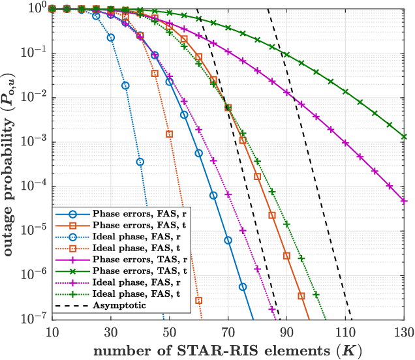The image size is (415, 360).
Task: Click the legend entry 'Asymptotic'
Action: pos(114,305)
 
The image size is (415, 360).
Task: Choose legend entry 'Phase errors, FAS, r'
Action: pos(134,213)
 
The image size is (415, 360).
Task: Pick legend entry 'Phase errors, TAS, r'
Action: pos(134,259)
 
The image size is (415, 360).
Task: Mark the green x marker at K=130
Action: pos(405,137)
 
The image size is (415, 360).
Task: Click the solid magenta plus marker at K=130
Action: pos(405,202)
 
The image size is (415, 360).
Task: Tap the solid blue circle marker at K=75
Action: pos(243,286)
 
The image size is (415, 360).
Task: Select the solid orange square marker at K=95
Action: pos(301,296)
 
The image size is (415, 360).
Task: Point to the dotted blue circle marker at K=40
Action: pos(140,162)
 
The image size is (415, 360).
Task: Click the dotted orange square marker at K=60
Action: pos(198,300)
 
